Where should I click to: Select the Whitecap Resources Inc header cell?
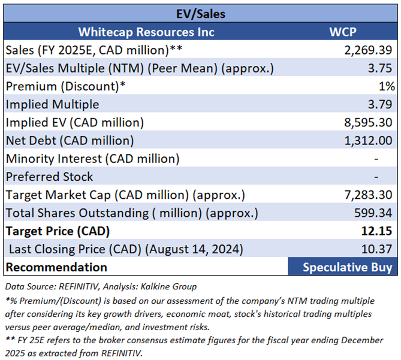tap(146, 32)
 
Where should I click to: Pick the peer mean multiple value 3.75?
tap(382, 68)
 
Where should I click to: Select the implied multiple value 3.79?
tap(382, 104)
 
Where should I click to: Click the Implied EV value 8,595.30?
tap(367, 122)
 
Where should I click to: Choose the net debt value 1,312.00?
tap(367, 141)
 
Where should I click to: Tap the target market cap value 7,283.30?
tap(367, 195)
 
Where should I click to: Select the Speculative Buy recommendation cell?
tap(348, 267)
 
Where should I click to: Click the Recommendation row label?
tap(56, 267)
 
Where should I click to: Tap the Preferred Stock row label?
tap(49, 177)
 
